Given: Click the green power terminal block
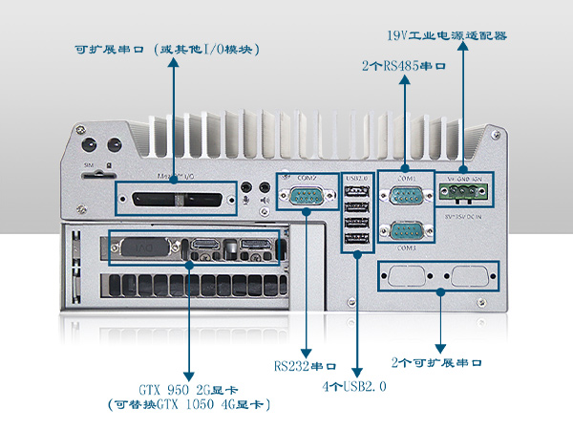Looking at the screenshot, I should click(x=465, y=193).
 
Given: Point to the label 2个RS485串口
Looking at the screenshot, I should click(x=404, y=67).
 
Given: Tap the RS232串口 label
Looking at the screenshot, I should click(x=305, y=366).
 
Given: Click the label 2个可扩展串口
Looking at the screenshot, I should click(x=436, y=364).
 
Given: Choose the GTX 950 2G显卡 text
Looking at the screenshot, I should click(x=188, y=390).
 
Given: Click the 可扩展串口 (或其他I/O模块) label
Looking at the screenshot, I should click(x=168, y=50).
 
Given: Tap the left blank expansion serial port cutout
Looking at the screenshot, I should click(x=404, y=277).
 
